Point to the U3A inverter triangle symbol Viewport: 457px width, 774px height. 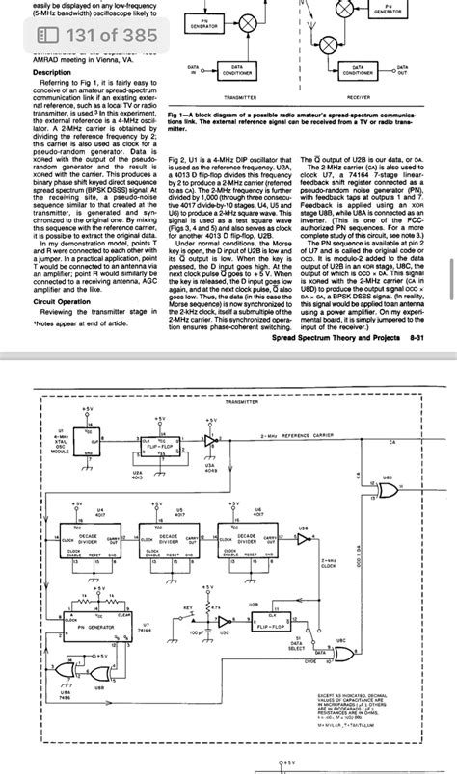point(210,440)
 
